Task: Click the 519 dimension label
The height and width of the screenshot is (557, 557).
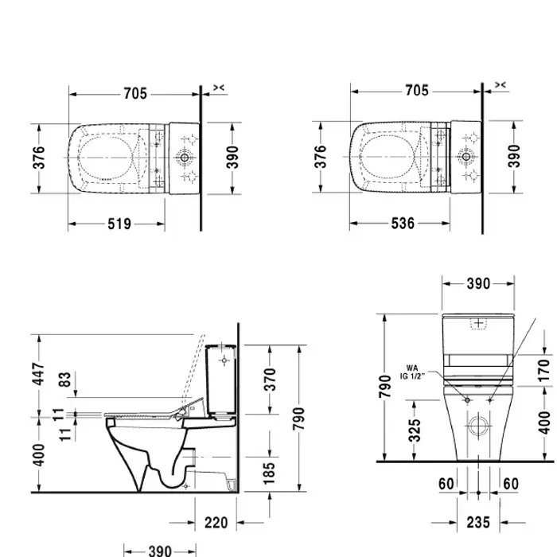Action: (x=119, y=224)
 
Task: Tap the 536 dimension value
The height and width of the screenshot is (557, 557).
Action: (x=403, y=224)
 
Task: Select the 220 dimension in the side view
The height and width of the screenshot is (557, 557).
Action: (x=216, y=523)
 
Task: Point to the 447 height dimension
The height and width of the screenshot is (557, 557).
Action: (x=38, y=374)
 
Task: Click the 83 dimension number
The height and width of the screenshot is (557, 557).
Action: (x=64, y=380)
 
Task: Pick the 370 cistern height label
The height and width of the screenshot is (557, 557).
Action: (x=270, y=380)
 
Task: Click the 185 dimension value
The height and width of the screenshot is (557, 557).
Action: (x=269, y=473)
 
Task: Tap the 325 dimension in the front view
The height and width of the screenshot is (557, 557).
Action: (x=415, y=430)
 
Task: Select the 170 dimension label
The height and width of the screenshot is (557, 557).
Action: (x=543, y=371)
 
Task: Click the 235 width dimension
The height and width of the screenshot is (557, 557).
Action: (x=478, y=523)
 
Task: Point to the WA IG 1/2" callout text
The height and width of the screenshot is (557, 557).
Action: (x=412, y=372)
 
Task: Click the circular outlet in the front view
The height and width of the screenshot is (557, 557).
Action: (x=478, y=426)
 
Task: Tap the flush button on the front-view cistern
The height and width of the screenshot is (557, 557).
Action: (x=478, y=324)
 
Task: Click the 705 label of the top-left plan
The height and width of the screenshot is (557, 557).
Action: (x=135, y=94)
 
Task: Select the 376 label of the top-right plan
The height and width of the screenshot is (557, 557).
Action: (x=321, y=157)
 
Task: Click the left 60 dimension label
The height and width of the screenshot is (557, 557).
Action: (x=446, y=484)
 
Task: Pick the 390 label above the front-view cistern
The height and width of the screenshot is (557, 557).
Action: (x=478, y=284)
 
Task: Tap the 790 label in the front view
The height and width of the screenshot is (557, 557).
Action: (x=385, y=386)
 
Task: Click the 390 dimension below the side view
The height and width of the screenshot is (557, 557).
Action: (x=160, y=551)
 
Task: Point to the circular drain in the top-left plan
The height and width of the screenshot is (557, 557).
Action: (x=185, y=158)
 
